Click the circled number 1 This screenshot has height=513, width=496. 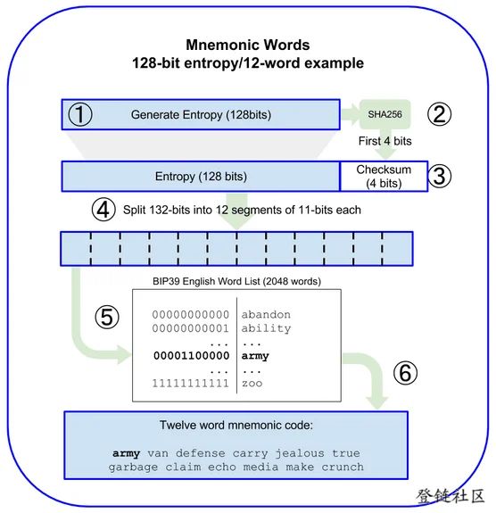pos(80,114)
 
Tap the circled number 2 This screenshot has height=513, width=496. pos(440,114)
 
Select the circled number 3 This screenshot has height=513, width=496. pos(440,176)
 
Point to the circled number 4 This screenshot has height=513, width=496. pos(103,210)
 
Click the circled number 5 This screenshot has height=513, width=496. pos(107,317)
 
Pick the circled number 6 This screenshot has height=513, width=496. pos(405,373)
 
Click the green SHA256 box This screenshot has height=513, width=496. pos(385,114)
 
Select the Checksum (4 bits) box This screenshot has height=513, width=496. pos(384,176)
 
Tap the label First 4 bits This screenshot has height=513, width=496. pos(384,141)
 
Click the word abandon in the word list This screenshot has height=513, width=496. pos(266,315)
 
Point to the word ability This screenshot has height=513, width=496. pos(266,328)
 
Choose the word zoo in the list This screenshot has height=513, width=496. pos(252,383)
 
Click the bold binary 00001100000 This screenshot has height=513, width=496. pos(192,356)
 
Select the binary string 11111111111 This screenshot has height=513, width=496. pos(190,383)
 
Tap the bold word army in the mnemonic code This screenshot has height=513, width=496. pos(127,453)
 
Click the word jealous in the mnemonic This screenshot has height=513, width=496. pos(300,453)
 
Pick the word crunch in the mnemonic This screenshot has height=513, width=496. pos(343,467)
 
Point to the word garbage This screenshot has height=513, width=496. pos(133,467)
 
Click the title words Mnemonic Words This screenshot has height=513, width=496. pos(248,45)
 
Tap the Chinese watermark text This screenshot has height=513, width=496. pos(451,496)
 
